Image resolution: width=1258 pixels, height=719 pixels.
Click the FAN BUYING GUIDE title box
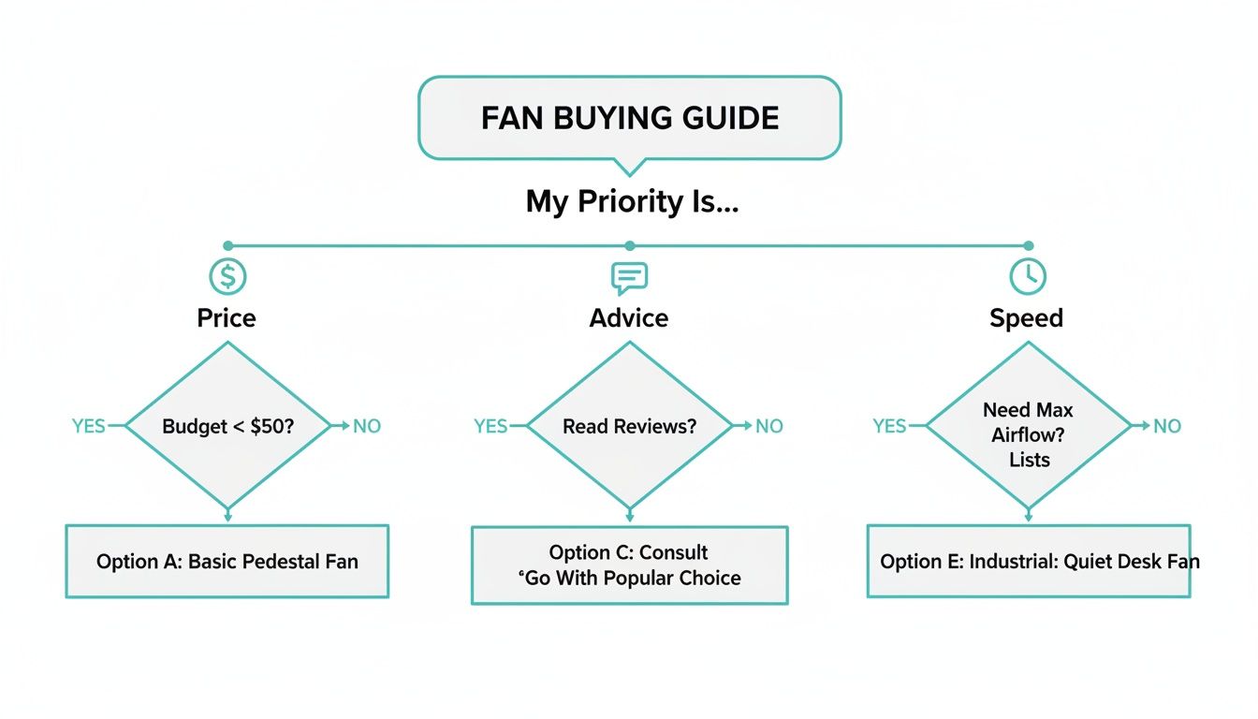pyautogui.click(x=629, y=118)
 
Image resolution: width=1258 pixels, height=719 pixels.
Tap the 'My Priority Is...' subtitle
pyautogui.click(x=632, y=201)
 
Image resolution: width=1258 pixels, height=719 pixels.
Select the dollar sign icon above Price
pyautogui.click(x=227, y=277)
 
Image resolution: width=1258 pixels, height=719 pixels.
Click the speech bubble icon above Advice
pyautogui.click(x=629, y=277)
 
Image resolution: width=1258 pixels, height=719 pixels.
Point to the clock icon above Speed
pyautogui.click(x=1028, y=277)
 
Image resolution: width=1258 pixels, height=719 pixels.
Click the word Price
pyautogui.click(x=227, y=318)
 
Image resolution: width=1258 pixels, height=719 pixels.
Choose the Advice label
pyautogui.click(x=629, y=318)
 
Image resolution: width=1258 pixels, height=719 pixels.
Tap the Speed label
pyautogui.click(x=1027, y=318)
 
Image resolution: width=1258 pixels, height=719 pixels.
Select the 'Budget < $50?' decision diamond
pyautogui.click(x=227, y=426)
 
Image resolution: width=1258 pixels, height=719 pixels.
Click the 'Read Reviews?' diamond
pyautogui.click(x=629, y=426)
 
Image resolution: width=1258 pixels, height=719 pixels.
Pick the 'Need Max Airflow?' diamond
pyautogui.click(x=1029, y=426)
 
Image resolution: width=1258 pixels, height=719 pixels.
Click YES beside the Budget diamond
pyautogui.click(x=89, y=426)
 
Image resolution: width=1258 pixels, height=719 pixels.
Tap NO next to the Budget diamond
pyautogui.click(x=367, y=426)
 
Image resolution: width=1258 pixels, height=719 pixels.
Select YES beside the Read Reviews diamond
pyautogui.click(x=490, y=426)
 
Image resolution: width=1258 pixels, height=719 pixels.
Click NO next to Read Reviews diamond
pyautogui.click(x=768, y=426)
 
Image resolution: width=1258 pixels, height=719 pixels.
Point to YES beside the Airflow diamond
pyautogui.click(x=889, y=426)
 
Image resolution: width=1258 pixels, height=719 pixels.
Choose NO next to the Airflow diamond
pyautogui.click(x=1167, y=426)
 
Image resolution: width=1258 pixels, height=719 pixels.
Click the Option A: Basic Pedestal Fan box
pyautogui.click(x=227, y=562)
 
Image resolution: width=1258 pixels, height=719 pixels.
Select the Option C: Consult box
pyautogui.click(x=629, y=565)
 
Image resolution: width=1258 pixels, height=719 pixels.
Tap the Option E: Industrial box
pyautogui.click(x=1029, y=562)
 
